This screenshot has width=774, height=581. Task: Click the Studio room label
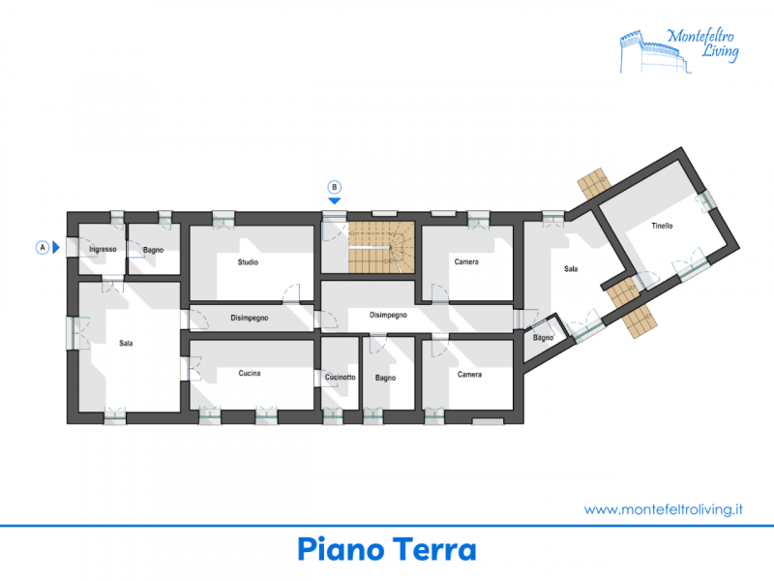[248, 262]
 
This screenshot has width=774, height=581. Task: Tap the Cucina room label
[250, 373]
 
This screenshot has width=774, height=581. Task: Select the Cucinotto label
[341, 377]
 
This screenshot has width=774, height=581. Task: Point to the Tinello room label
[662, 226]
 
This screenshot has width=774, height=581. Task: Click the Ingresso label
[103, 250]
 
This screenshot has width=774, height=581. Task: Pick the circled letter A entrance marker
[43, 247]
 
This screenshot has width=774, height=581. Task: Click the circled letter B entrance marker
[334, 187]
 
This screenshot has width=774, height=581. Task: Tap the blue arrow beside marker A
[56, 247]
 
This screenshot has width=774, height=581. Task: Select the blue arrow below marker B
[335, 201]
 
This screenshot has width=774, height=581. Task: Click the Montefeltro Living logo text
[703, 43]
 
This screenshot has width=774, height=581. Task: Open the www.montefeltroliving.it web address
[663, 509]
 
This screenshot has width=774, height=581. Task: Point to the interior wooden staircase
[381, 247]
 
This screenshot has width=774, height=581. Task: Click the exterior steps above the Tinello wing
[594, 183]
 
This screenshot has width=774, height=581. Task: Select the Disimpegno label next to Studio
[250, 318]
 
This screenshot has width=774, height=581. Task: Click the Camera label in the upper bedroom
[466, 261]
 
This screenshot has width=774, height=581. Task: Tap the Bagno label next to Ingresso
[153, 250]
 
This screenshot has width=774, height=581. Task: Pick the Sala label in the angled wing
[571, 269]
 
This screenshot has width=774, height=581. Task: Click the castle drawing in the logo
[655, 52]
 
